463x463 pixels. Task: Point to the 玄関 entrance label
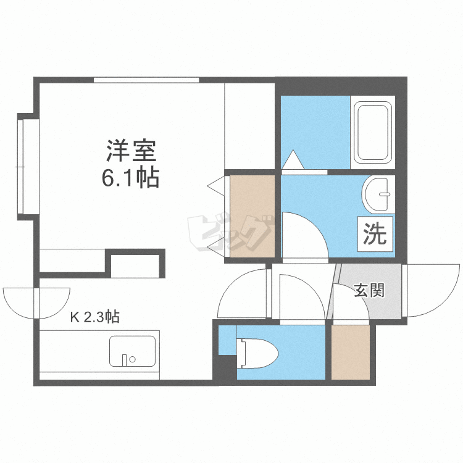[369, 290]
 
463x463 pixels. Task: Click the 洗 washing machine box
[373, 234]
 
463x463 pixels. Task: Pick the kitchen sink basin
[133, 351]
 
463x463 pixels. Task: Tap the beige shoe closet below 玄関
[350, 352]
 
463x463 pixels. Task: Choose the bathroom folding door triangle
[292, 161]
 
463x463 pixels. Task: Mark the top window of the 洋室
[146, 80]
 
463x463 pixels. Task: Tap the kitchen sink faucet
[127, 359]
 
